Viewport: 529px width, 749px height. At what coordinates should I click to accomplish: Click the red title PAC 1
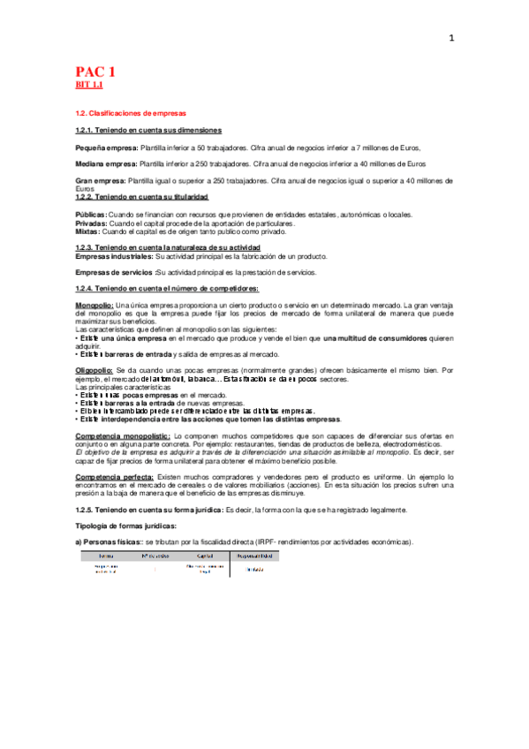pyautogui.click(x=95, y=72)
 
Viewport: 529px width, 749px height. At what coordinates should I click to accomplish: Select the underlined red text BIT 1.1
pyautogui.click(x=89, y=85)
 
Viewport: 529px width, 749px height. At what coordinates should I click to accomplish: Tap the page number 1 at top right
pyautogui.click(x=451, y=38)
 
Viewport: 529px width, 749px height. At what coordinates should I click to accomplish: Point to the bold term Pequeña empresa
pyautogui.click(x=101, y=148)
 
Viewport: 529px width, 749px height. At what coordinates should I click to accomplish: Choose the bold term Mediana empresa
pyautogui.click(x=101, y=163)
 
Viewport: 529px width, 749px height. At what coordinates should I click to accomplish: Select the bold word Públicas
pyautogui.click(x=92, y=215)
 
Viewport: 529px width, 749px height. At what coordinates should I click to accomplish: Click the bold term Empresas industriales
pyautogui.click(x=115, y=256)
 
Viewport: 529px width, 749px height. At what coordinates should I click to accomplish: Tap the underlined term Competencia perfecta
pyautogui.click(x=114, y=476)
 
